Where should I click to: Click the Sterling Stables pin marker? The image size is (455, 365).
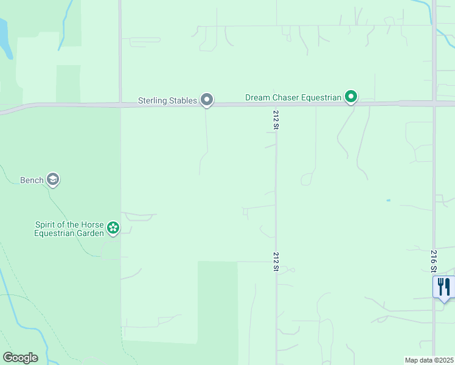coord(207,99)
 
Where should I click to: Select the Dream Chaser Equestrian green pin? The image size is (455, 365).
coord(351,96)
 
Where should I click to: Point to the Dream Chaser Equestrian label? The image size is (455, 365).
coord(292,97)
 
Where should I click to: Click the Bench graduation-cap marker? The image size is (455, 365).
coord(53,179)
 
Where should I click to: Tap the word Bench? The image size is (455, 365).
coord(32,180)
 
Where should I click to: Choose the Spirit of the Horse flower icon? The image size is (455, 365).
coord(113,228)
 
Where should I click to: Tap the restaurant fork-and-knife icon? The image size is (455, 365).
coord(444,287)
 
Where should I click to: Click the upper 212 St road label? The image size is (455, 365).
coord(276,120)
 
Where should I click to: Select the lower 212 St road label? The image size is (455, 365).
coord(276,262)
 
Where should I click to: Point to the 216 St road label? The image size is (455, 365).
coord(434,260)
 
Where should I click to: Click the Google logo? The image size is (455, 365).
coord(20,358)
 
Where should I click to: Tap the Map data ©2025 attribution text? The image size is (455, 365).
coord(429,360)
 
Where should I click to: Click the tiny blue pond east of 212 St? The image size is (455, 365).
coord(388,200)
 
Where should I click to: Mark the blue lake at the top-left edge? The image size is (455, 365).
coord(4,36)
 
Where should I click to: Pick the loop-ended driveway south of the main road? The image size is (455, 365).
coord(307,179)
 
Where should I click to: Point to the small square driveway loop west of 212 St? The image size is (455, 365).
coord(245,211)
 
